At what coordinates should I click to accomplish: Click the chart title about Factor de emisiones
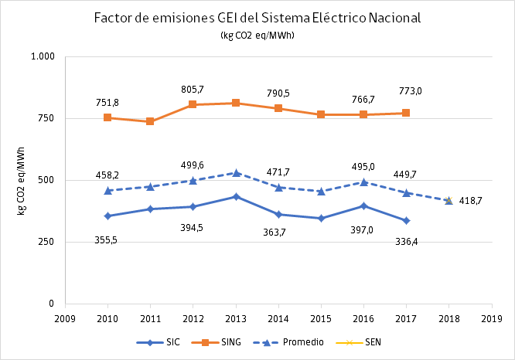(x=257, y=19)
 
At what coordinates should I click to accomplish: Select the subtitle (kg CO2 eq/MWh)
(x=257, y=35)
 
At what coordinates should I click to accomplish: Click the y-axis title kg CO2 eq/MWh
(x=22, y=180)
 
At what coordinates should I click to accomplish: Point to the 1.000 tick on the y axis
(x=43, y=57)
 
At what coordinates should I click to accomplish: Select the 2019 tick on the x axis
(x=492, y=318)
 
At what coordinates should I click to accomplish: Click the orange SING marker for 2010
(x=107, y=118)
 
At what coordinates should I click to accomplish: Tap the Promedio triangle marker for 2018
(x=448, y=201)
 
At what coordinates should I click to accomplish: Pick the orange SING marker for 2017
(x=406, y=113)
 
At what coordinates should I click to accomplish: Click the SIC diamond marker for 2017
(x=406, y=221)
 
